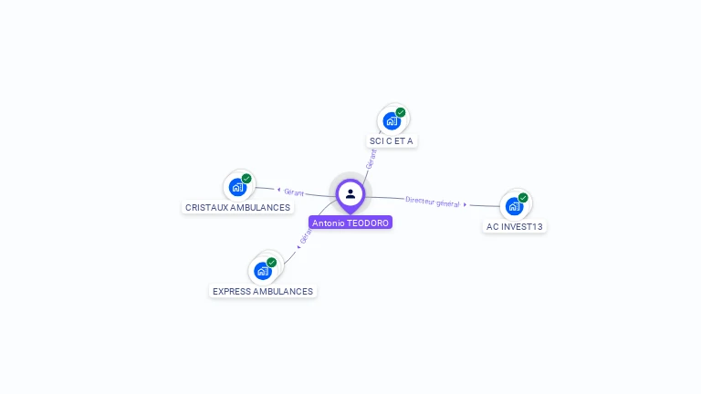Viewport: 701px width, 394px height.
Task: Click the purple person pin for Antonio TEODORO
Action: pos(350,194)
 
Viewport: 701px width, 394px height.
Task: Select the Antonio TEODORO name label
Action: pos(350,223)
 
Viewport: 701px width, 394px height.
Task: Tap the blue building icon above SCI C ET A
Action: pos(392,120)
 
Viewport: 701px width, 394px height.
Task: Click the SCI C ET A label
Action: pos(392,140)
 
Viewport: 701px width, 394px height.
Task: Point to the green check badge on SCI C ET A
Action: pos(401,112)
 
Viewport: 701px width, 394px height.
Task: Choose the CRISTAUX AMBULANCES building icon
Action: pos(238,187)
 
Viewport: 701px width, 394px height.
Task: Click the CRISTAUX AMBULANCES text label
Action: pos(237,207)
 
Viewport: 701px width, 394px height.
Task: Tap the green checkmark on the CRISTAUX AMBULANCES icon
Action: pos(246,179)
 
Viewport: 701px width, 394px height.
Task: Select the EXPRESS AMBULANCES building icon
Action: pos(263,271)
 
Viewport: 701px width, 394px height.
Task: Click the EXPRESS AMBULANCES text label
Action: pos(263,292)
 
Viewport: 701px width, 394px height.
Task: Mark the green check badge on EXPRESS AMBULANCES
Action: pos(271,263)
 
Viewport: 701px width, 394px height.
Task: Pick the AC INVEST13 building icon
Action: pos(514,206)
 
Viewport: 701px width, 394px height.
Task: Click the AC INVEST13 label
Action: pos(515,226)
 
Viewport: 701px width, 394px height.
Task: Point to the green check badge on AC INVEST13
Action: pos(523,198)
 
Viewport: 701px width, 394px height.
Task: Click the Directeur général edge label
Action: pos(432,202)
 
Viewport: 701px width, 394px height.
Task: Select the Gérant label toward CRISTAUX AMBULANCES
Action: pos(294,192)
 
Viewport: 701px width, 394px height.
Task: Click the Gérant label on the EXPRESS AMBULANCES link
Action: pos(307,234)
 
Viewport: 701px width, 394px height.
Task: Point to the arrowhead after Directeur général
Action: pos(466,205)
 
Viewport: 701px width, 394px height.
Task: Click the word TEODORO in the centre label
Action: pos(369,223)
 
